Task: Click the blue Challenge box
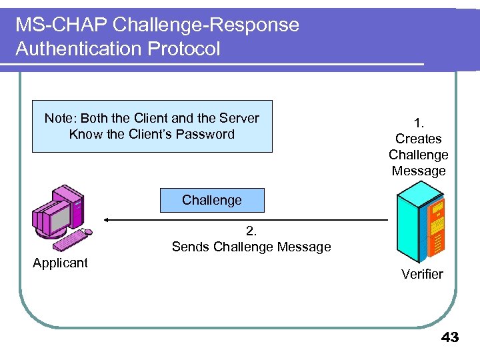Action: pos(212,200)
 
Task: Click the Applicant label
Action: pos(60,263)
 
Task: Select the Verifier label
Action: pos(422,274)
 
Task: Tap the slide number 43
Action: pos(450,337)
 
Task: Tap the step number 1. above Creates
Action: pos(419,123)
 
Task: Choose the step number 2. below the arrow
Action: pos(251,231)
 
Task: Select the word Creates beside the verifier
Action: pos(419,139)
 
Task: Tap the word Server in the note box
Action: pos(239,118)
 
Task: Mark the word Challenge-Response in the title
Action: pos(206,25)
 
